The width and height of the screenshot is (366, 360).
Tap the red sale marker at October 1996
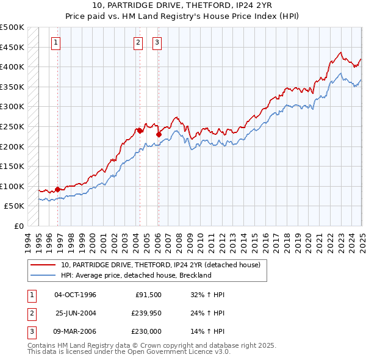pyautogui.click(x=58, y=189)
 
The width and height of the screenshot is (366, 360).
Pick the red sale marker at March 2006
pyautogui.click(x=158, y=134)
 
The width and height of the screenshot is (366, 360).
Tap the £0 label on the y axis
pyautogui.click(x=19, y=226)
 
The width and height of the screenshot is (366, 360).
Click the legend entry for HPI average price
pyautogui.click(x=135, y=275)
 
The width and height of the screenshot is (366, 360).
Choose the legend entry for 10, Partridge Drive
pyautogui.click(x=160, y=265)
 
